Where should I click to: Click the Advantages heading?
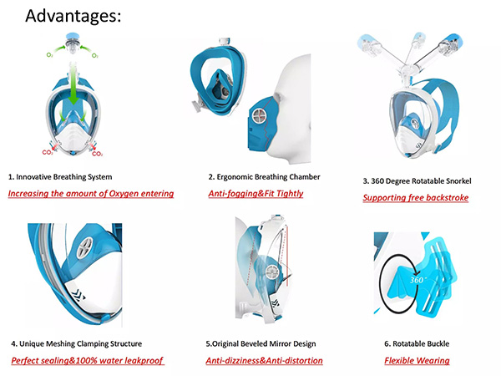73,16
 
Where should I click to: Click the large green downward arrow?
73,84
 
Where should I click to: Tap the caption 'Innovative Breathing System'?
64,177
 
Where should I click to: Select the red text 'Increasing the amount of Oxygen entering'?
91,194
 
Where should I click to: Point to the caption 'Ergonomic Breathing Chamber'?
268,177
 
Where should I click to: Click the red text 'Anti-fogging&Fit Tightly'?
256,194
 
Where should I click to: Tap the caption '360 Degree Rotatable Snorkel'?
421,181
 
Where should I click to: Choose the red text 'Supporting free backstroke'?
416,197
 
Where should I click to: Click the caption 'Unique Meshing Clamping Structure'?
80,343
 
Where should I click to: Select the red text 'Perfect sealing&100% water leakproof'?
87,361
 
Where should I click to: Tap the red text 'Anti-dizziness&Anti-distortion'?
264,361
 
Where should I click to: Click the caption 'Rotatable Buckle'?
421,343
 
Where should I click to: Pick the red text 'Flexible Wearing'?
417,361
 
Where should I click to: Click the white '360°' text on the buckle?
417,280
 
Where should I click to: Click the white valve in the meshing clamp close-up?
84,248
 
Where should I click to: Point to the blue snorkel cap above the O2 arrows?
73,36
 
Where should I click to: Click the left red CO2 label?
48,153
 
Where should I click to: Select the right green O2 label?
95,55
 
